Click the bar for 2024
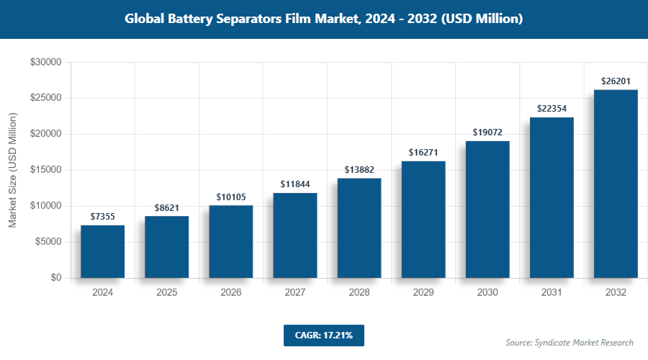(102, 251)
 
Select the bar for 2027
(294, 235)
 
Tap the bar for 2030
(487, 210)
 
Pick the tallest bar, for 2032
(616, 184)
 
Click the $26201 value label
(616, 81)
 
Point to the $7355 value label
(102, 216)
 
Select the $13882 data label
(359, 169)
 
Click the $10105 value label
(230, 197)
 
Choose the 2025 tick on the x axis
(166, 293)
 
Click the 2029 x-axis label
(423, 293)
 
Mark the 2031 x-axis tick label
(552, 293)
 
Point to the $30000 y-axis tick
(45, 63)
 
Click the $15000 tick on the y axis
(45, 171)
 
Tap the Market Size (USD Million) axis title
(13, 171)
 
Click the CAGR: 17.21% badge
(323, 335)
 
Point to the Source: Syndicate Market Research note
(569, 342)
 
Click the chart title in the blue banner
(323, 19)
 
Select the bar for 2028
(359, 228)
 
